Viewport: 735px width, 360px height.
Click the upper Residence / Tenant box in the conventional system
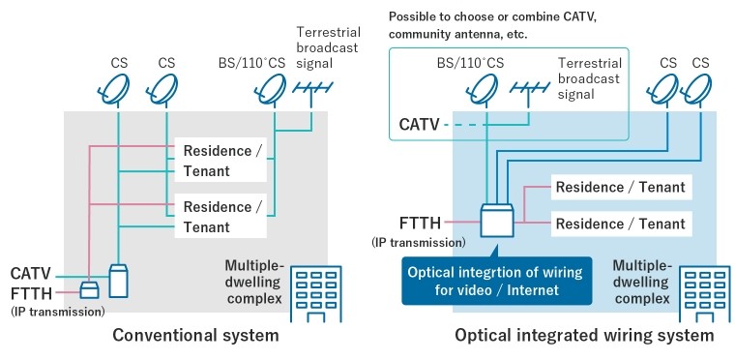click(x=220, y=160)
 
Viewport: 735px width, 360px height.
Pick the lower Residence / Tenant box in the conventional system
click(x=220, y=216)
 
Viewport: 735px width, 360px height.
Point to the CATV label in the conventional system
click(x=31, y=274)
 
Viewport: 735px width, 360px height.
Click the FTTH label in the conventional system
click(x=31, y=294)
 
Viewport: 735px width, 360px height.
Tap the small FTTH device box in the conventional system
click(x=89, y=290)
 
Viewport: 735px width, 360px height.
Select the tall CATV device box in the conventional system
click(x=118, y=281)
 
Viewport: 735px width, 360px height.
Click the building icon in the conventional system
click(x=316, y=294)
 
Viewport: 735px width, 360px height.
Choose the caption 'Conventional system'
click(x=195, y=335)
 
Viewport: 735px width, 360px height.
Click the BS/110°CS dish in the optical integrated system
click(x=484, y=90)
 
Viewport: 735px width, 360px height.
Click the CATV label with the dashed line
click(x=419, y=125)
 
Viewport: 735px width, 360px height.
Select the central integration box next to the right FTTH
click(x=497, y=220)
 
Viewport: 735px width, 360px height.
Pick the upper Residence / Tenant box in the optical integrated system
click(x=621, y=187)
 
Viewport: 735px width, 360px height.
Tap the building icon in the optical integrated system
click(x=704, y=294)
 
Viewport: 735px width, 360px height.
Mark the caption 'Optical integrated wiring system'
click(x=584, y=335)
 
